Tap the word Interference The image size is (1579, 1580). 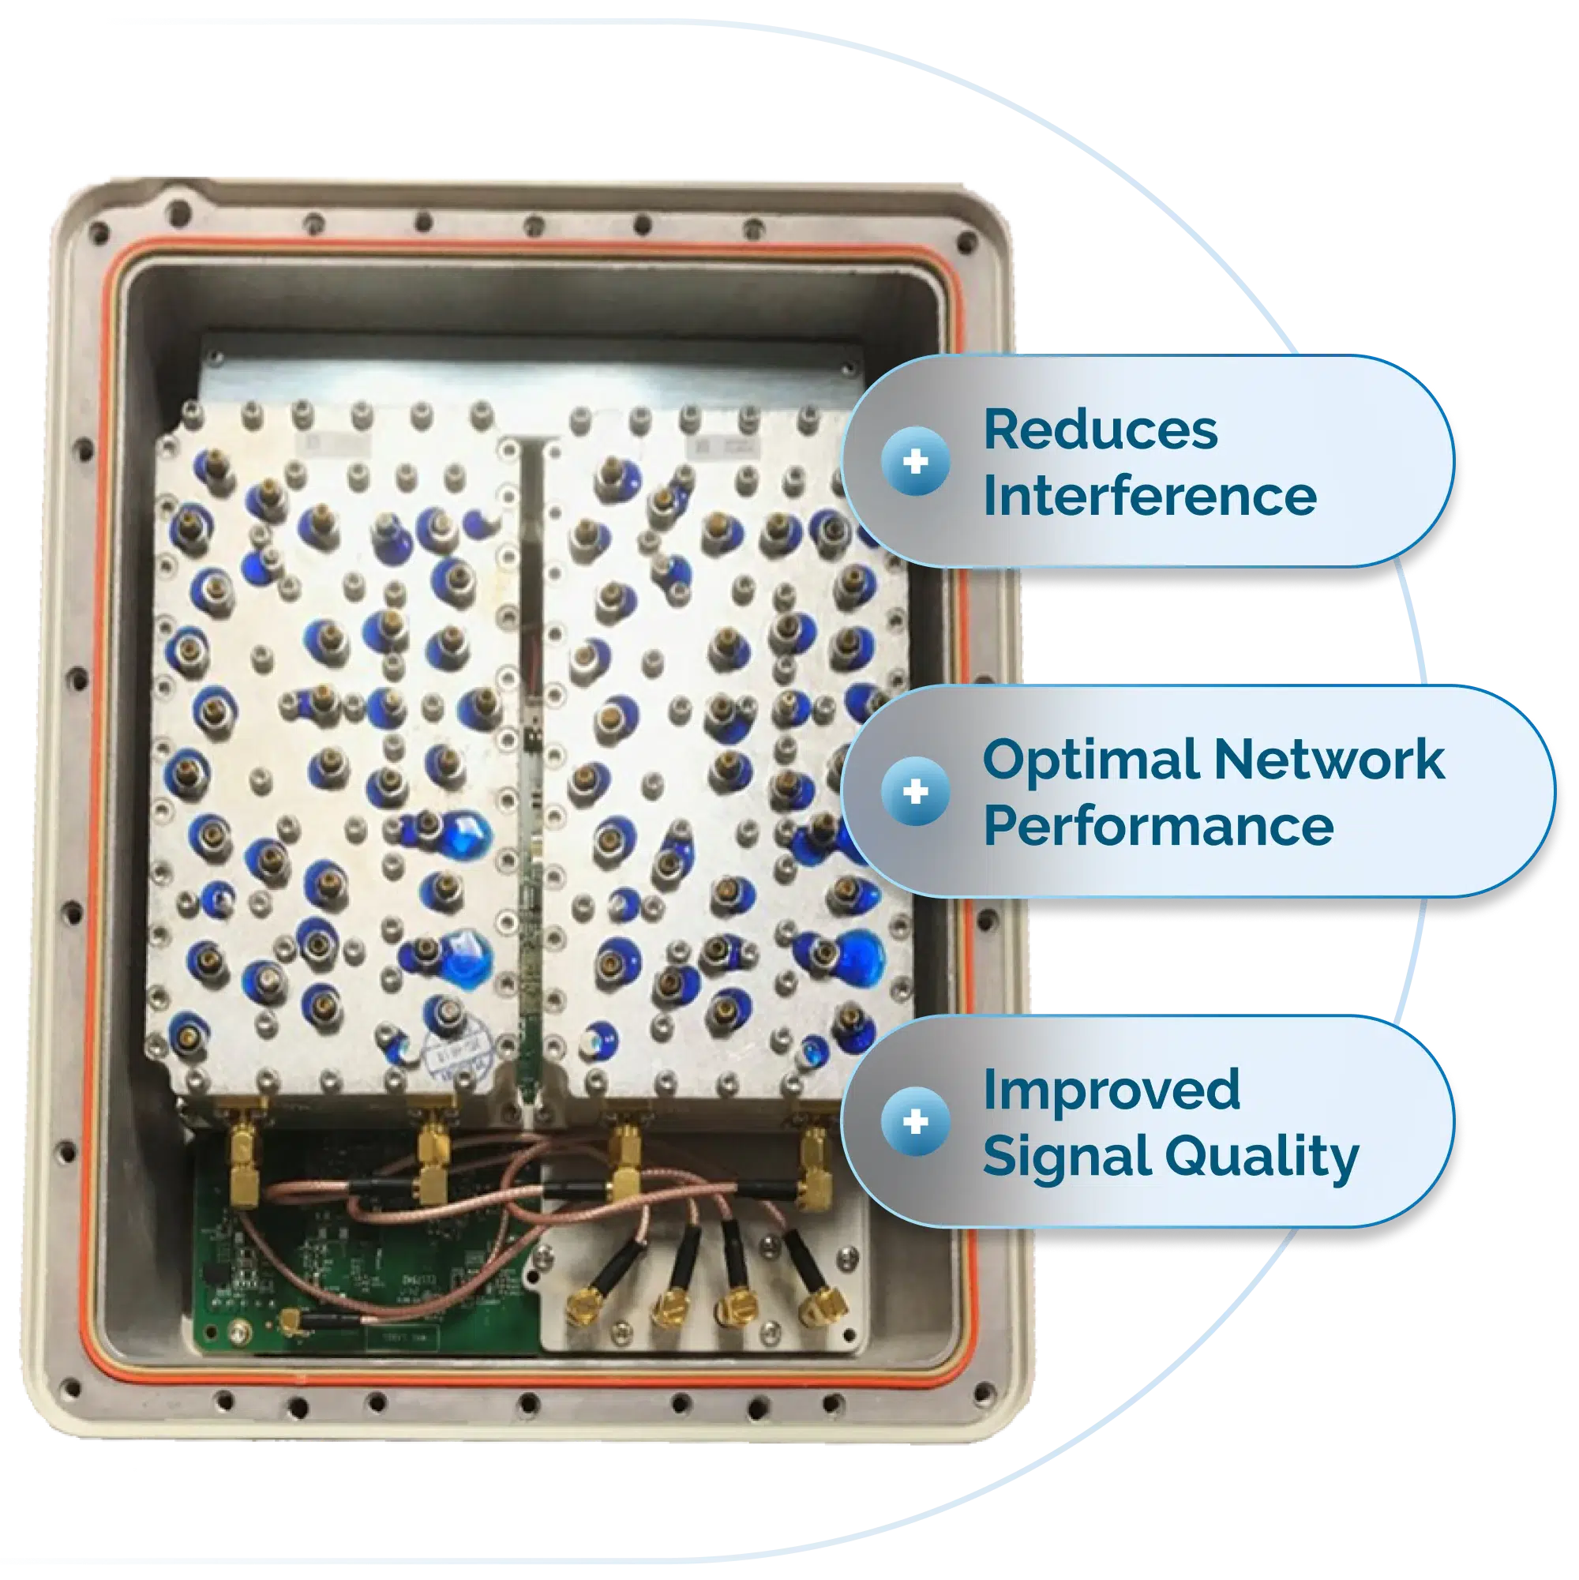(x=1149, y=497)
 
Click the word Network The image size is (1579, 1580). (x=1328, y=760)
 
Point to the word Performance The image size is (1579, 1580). (x=1158, y=826)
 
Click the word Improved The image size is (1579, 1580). (x=1112, y=1090)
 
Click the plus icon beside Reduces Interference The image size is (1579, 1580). (x=916, y=462)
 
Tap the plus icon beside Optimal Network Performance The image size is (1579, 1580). (x=916, y=792)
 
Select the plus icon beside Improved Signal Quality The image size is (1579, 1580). (x=916, y=1121)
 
